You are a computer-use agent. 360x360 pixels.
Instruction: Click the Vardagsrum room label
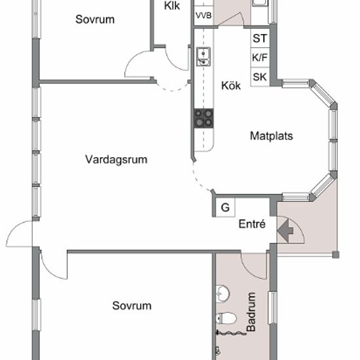(116, 160)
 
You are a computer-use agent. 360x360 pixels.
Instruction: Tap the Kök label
(231, 85)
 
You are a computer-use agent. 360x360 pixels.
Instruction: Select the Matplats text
(272, 136)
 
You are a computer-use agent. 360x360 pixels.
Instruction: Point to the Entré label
(252, 224)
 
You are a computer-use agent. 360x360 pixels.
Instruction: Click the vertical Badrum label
(251, 312)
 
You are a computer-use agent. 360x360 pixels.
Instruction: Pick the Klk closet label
(172, 6)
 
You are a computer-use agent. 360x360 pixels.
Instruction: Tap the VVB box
(204, 16)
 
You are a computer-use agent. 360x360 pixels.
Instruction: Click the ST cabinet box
(260, 38)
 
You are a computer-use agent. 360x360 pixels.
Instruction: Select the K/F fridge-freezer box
(260, 58)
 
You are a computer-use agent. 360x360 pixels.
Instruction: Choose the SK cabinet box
(260, 77)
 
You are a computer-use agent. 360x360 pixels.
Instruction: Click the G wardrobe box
(225, 207)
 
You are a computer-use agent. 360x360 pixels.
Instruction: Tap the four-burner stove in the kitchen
(204, 118)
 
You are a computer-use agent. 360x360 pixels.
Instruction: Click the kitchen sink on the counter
(204, 56)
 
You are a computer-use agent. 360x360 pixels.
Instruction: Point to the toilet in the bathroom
(226, 318)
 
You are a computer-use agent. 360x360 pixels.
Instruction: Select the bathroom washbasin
(223, 294)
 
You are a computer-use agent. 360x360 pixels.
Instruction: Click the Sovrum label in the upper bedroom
(95, 20)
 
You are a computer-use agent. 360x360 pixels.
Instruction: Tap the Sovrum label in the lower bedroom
(132, 306)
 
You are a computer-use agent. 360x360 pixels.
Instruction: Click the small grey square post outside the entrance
(336, 255)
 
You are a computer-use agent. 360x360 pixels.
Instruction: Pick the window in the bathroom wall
(273, 308)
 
